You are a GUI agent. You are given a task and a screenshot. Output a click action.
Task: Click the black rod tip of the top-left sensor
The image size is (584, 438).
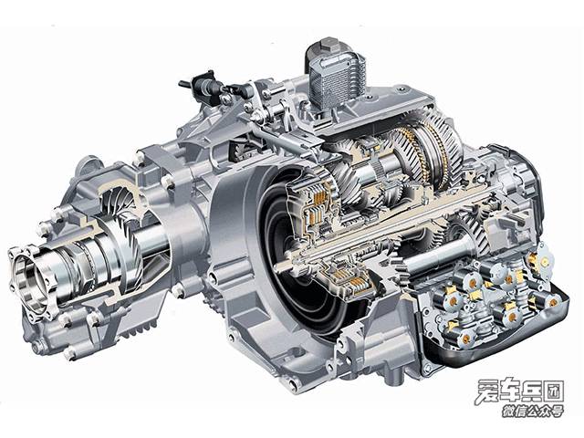184,83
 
